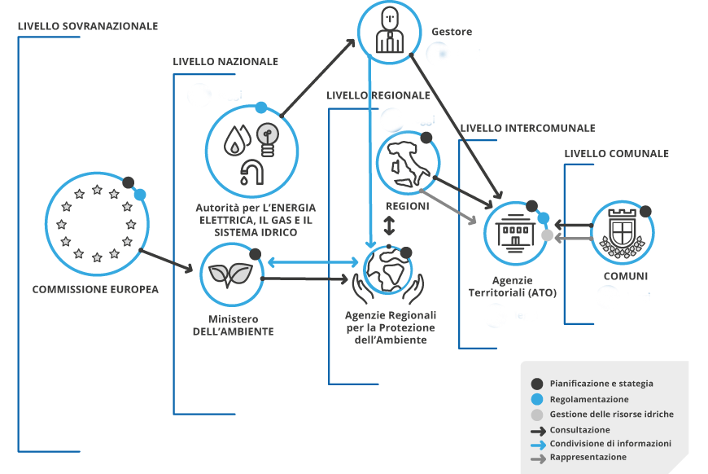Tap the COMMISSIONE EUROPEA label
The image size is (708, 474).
tap(95, 289)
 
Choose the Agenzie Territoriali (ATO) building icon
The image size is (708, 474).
tap(516, 232)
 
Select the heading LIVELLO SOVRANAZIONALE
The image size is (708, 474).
tap(88, 26)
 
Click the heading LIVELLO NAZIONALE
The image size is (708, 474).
tap(225, 62)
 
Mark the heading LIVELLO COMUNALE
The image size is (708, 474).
tap(616, 154)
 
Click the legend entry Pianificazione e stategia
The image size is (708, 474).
tap(601, 384)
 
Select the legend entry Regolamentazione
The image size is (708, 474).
tap(588, 399)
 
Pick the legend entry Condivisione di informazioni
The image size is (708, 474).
tap(610, 444)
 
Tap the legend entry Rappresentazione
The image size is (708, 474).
tap(588, 458)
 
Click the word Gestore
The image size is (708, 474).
tap(452, 32)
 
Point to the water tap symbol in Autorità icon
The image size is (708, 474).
tap(252, 171)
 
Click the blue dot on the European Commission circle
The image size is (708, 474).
tap(140, 195)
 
